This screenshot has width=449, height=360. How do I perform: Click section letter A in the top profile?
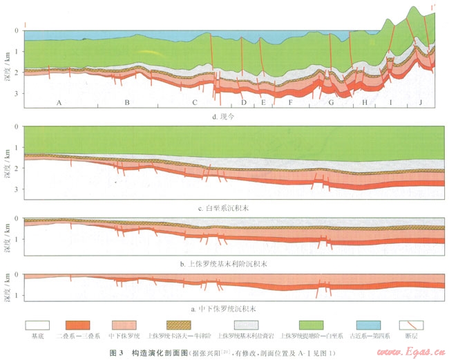[59, 103]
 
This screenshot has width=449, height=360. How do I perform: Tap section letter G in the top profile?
[332, 103]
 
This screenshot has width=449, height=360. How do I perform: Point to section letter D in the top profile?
[244, 103]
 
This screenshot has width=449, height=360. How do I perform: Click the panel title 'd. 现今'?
[224, 115]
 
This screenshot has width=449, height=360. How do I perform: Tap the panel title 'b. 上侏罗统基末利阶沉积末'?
[224, 263]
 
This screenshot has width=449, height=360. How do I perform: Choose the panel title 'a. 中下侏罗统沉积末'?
[224, 308]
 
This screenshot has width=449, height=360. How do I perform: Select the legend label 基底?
[39, 338]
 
